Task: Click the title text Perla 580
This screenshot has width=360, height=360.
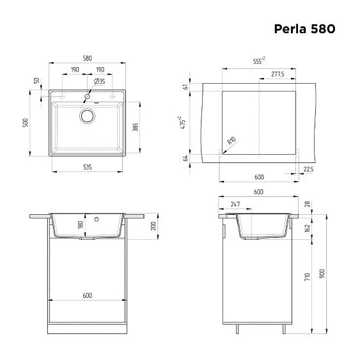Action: pyautogui.click(x=304, y=29)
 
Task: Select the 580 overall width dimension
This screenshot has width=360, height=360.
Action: pyautogui.click(x=88, y=56)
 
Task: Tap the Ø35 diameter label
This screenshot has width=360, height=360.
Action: pyautogui.click(x=100, y=82)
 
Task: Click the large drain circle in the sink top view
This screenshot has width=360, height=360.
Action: pyautogui.click(x=87, y=116)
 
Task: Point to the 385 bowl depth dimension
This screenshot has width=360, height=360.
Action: pyautogui.click(x=135, y=127)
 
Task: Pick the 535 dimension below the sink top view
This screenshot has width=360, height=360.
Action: pyautogui.click(x=88, y=166)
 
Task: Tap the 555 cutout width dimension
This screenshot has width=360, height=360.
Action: pyautogui.click(x=258, y=61)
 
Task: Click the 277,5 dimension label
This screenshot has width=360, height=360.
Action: pyautogui.click(x=278, y=75)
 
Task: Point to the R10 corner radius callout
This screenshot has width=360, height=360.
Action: pyautogui.click(x=231, y=141)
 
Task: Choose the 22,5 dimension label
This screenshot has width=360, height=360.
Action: pyautogui.click(x=308, y=169)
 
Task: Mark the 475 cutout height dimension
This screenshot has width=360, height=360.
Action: pyautogui.click(x=184, y=123)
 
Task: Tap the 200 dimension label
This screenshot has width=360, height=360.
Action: pyautogui.click(x=153, y=227)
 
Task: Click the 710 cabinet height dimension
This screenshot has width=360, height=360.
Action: pyautogui.click(x=308, y=276)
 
